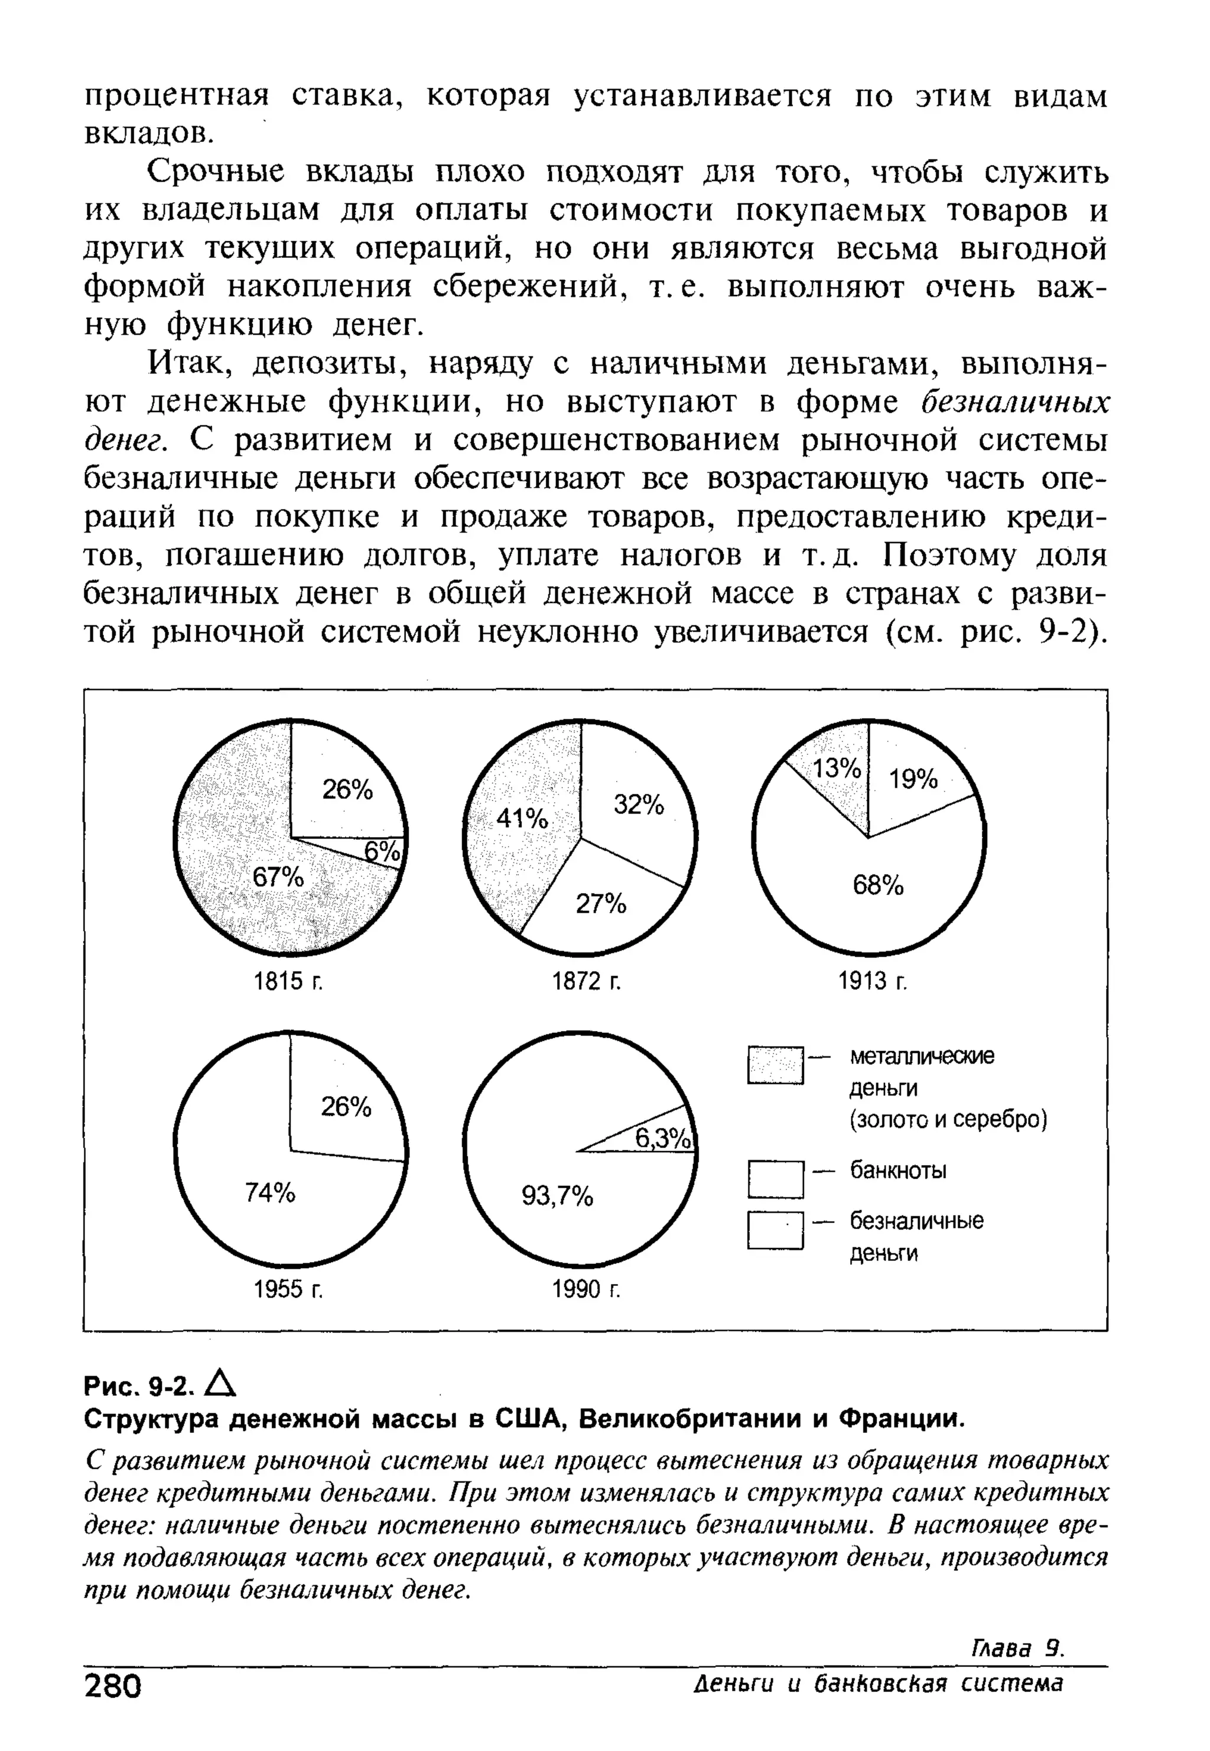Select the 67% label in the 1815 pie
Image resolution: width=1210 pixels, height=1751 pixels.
278,878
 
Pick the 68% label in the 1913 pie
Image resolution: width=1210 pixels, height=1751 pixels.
878,885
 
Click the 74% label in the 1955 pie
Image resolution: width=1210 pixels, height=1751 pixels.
270,1193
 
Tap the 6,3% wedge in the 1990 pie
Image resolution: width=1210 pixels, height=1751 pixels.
662,1138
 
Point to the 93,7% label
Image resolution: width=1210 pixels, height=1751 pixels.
557,1196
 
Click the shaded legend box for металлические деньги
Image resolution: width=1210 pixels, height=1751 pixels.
775,1065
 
